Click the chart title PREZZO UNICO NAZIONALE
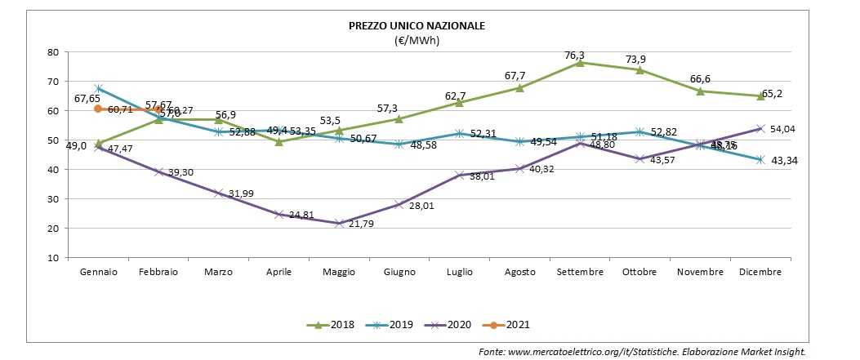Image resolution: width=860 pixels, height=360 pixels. coord(417,26)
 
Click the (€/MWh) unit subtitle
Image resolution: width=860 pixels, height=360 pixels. coord(417,40)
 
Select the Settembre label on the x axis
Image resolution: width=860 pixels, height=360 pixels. coord(580,272)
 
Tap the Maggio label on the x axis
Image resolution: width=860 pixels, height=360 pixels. coord(338,272)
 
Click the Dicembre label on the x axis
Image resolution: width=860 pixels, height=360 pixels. coord(760,272)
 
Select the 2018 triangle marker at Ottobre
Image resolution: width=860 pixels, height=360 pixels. coord(639,70)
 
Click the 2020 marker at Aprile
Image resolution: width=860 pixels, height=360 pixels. coord(278,215)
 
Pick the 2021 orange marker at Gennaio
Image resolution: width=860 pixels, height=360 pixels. coord(98,109)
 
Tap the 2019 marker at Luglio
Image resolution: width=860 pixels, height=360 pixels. coord(459,134)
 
